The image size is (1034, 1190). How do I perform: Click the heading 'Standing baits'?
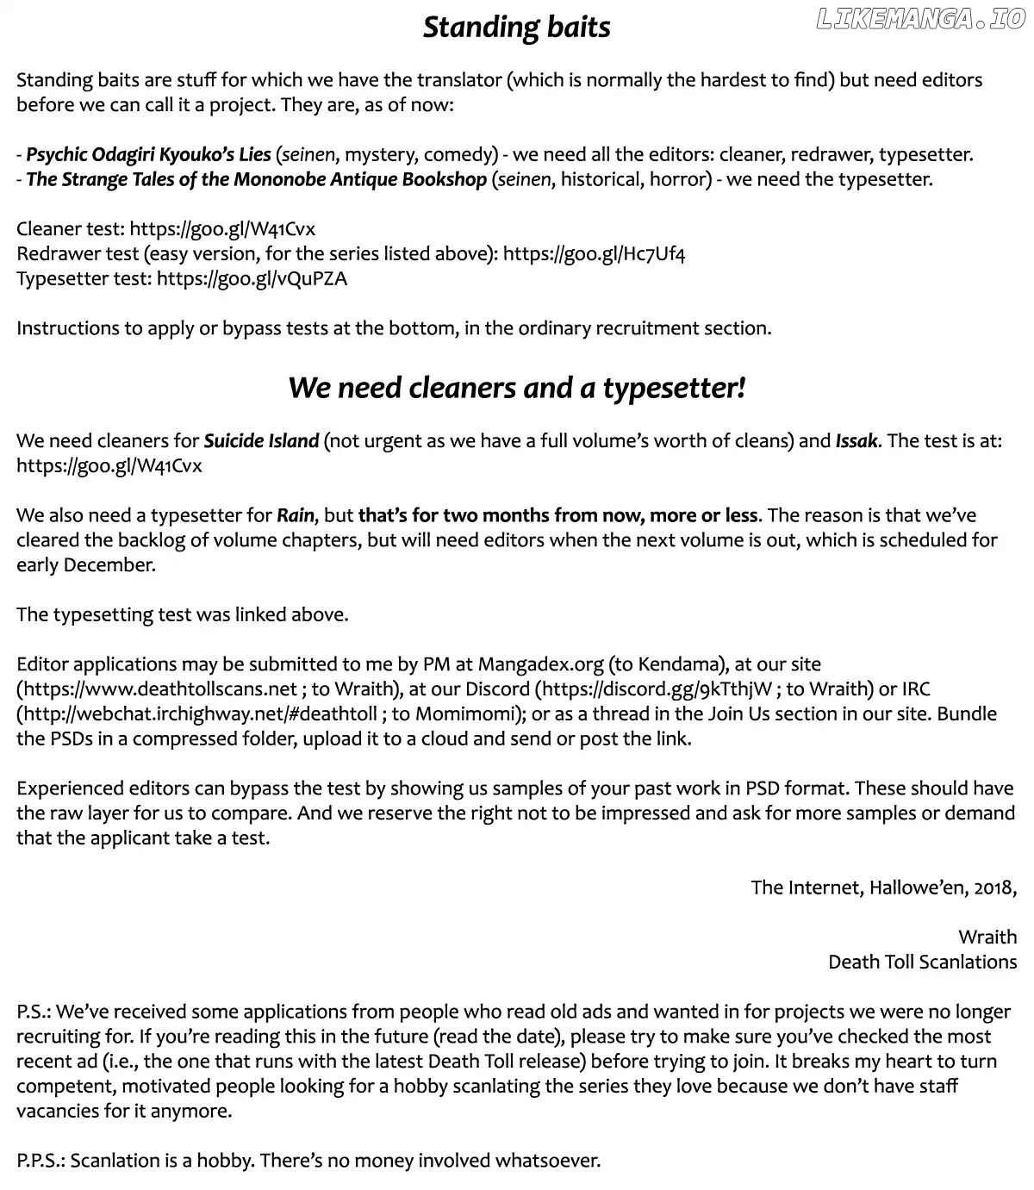point(516,28)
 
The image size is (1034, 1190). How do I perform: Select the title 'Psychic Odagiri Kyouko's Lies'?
point(148,155)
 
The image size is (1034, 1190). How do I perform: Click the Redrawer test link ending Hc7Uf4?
point(594,254)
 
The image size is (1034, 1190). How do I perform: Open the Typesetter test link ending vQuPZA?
point(252,279)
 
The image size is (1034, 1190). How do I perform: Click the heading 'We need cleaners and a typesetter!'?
point(516,388)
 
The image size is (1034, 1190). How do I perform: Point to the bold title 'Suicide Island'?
point(261,441)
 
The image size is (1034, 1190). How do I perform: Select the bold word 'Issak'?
point(856,441)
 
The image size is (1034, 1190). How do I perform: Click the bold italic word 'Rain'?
point(295,516)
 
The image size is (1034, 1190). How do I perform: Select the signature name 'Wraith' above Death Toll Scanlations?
point(987,938)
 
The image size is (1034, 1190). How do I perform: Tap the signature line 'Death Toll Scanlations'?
point(922,963)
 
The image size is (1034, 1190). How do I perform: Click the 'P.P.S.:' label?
point(40,1161)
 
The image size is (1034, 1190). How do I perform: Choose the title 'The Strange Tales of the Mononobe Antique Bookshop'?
point(256,180)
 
